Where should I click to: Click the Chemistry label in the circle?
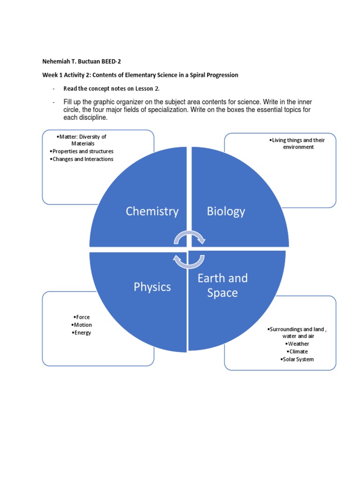pyautogui.click(x=152, y=211)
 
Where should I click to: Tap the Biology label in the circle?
pyautogui.click(x=226, y=211)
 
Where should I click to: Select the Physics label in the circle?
pyautogui.click(x=152, y=286)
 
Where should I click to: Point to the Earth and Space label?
pyautogui.click(x=222, y=285)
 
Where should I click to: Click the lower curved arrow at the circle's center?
pyautogui.click(x=189, y=261)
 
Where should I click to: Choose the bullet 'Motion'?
pyautogui.click(x=82, y=325)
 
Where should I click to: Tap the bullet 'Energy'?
pyautogui.click(x=82, y=333)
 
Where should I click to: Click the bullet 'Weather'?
pyautogui.click(x=297, y=344)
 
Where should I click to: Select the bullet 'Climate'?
pyautogui.click(x=297, y=352)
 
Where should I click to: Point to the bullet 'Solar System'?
pyautogui.click(x=297, y=360)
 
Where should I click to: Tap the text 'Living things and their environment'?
pyautogui.click(x=297, y=143)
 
